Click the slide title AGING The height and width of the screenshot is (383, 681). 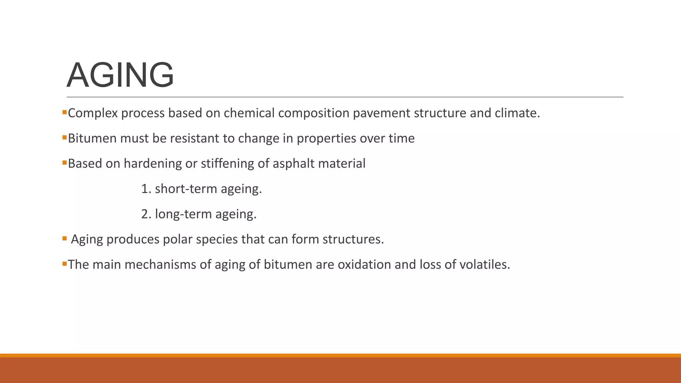click(120, 75)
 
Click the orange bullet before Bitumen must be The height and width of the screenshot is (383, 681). click(65, 137)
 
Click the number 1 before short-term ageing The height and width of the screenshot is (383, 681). click(144, 189)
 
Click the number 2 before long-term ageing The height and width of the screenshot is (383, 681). click(145, 214)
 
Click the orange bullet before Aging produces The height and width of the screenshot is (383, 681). click(65, 238)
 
